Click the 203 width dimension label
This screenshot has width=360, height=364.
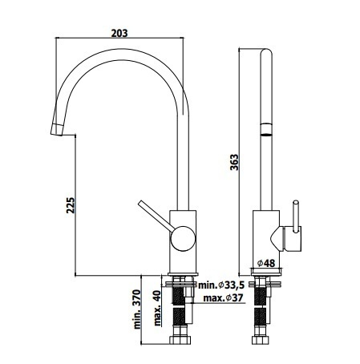(119, 33)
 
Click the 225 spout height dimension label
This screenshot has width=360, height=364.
(71, 205)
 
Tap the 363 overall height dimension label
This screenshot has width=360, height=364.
(234, 162)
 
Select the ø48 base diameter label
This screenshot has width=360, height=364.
(266, 263)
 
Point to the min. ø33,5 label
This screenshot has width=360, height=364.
(221, 285)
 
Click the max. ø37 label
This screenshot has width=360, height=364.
(223, 297)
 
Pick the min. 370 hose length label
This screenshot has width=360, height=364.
(137, 309)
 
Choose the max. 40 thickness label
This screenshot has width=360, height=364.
(158, 308)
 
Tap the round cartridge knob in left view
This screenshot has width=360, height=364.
(183, 239)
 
